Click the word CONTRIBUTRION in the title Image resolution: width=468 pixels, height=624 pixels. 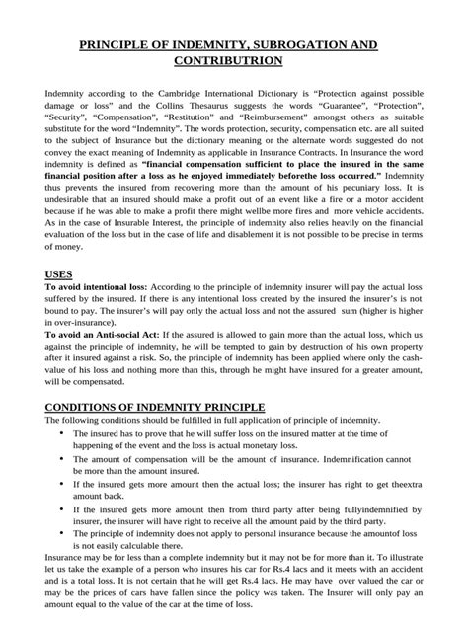click(x=234, y=61)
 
